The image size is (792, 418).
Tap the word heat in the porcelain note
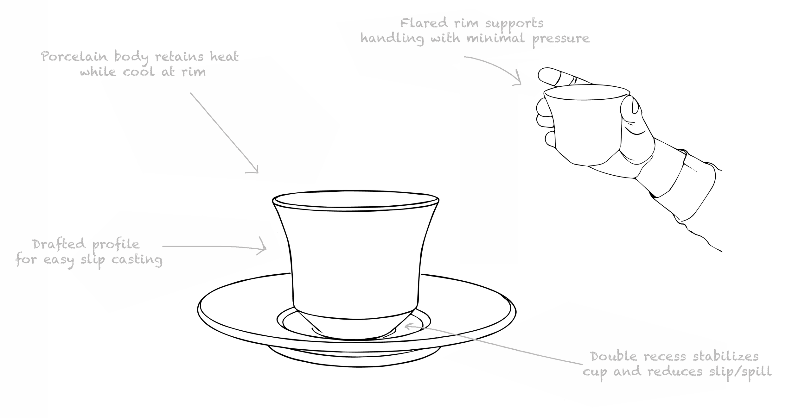pos(224,57)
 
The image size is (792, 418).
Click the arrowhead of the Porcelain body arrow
pos(256,171)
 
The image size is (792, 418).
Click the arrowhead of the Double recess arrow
pos(407,325)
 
